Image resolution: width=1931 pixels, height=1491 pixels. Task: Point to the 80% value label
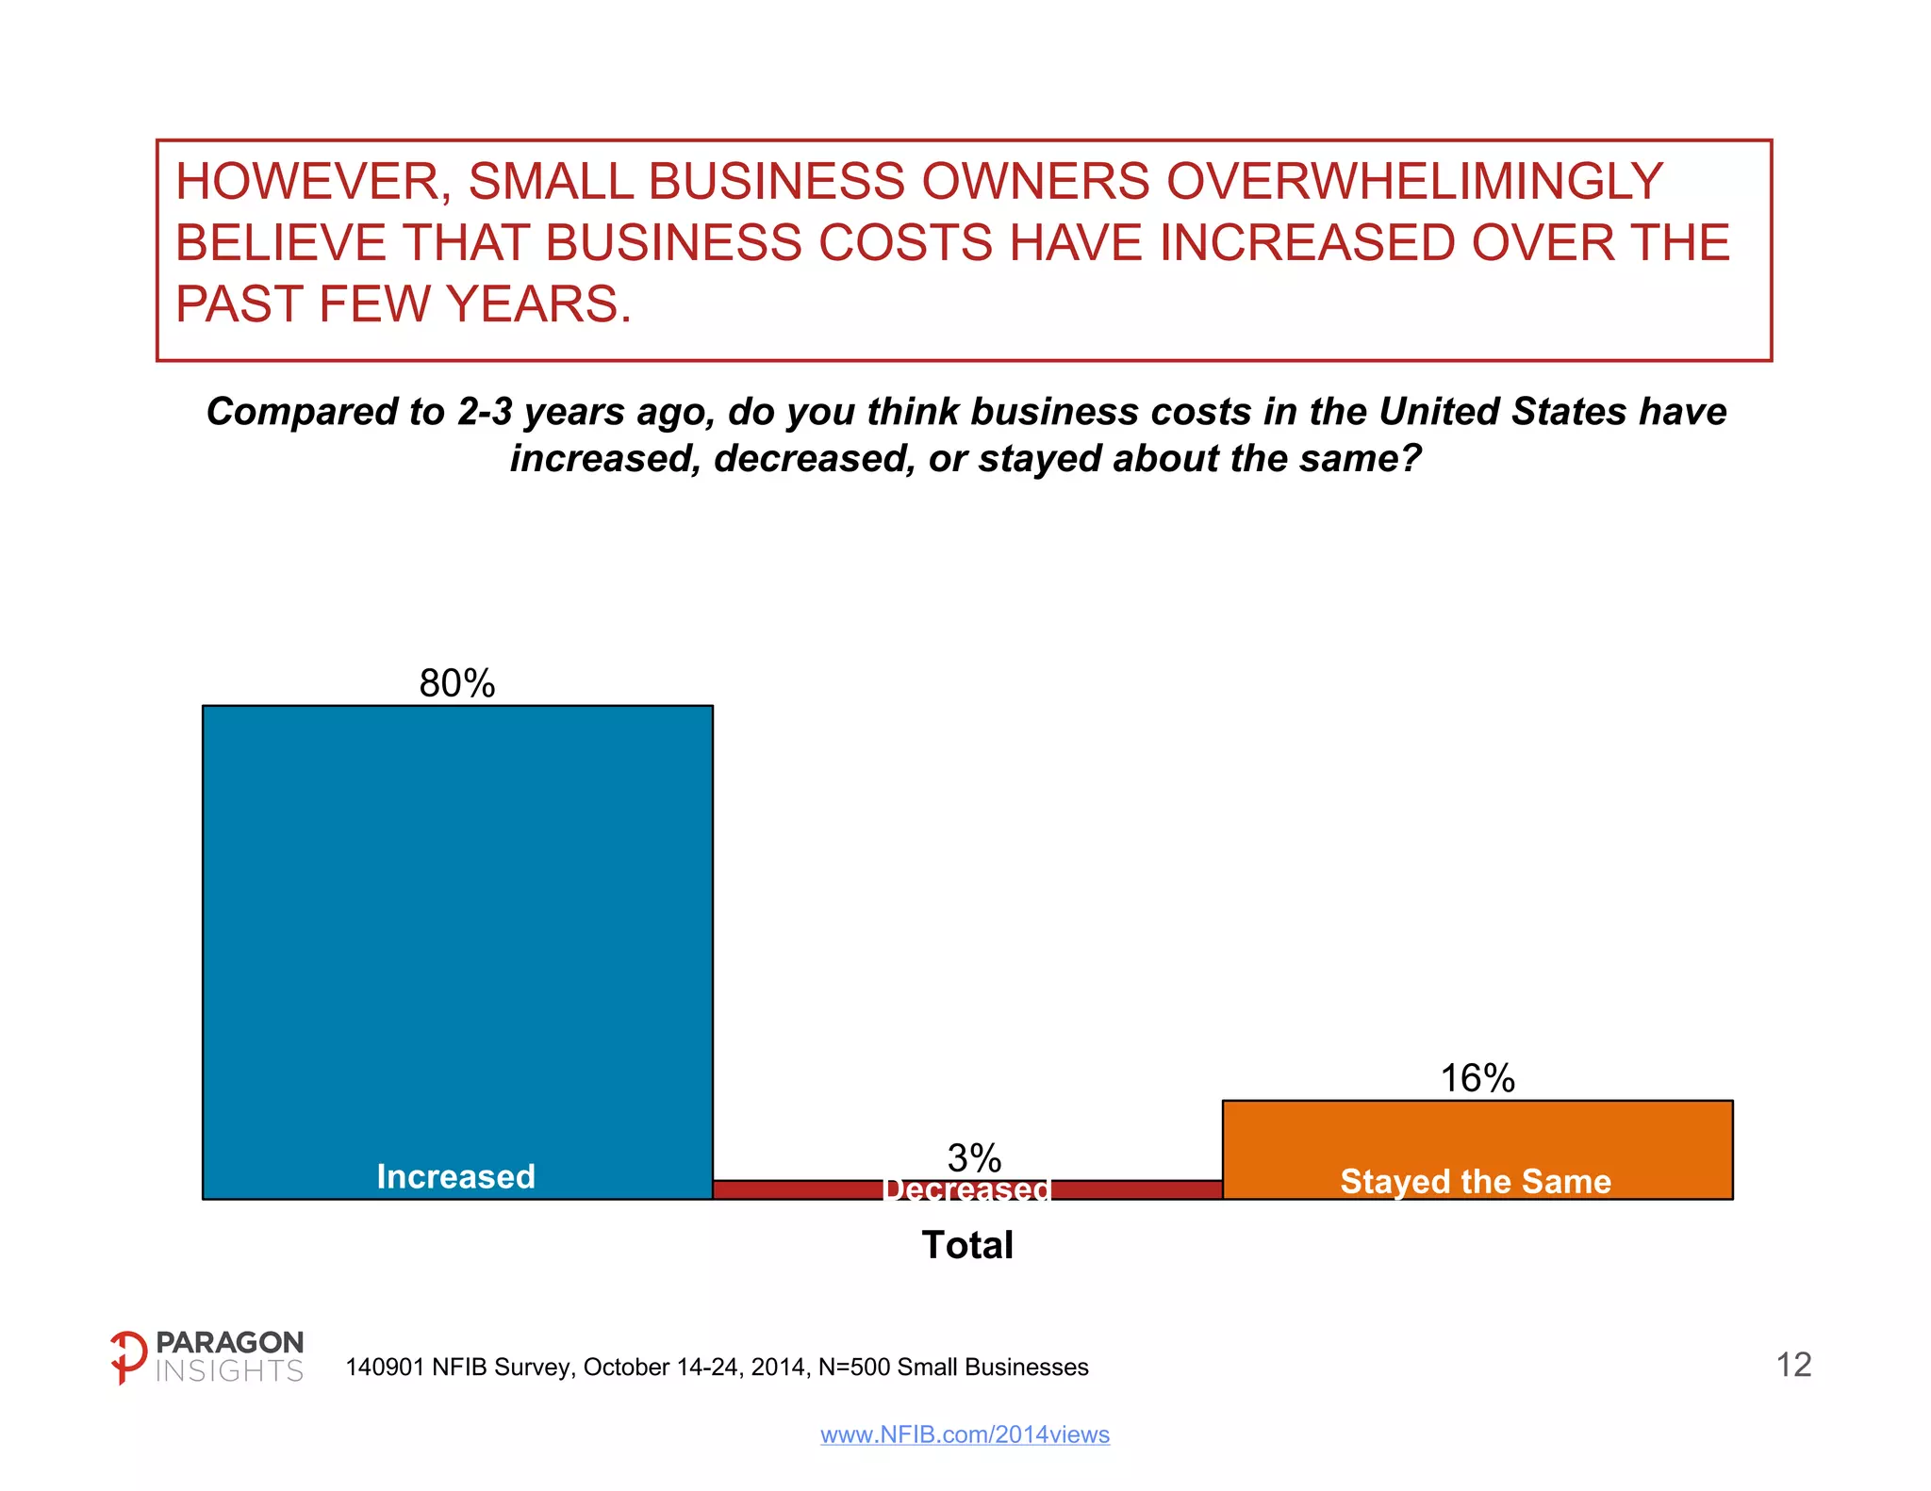pos(457,683)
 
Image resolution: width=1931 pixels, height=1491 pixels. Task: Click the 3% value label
pos(974,1157)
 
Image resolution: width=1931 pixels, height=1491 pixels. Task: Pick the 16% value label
pos(1477,1078)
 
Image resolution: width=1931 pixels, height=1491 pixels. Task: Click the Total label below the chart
pos(967,1245)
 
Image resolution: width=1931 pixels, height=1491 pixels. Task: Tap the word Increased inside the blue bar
pos(456,1176)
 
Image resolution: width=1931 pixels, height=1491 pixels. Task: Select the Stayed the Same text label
pos(1476,1181)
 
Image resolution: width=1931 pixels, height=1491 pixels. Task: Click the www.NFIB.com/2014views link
pos(965,1434)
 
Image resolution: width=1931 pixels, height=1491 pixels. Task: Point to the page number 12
pos(1793,1365)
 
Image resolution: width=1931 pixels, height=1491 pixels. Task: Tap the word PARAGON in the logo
pos(229,1342)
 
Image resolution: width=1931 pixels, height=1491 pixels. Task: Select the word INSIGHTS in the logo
pos(229,1371)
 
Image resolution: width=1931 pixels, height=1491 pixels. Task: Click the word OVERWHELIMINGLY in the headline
pos(1414,181)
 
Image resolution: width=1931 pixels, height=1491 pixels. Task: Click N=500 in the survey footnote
pos(853,1368)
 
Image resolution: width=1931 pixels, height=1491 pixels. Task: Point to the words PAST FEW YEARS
pos(403,304)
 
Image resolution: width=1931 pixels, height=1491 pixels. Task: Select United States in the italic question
pos(1503,412)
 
